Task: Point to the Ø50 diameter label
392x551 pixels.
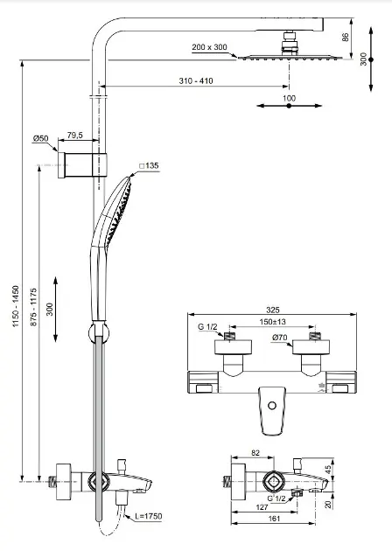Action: pos(41,138)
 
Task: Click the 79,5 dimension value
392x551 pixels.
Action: pos(75,136)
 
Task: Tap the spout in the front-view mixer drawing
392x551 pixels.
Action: pos(275,409)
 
